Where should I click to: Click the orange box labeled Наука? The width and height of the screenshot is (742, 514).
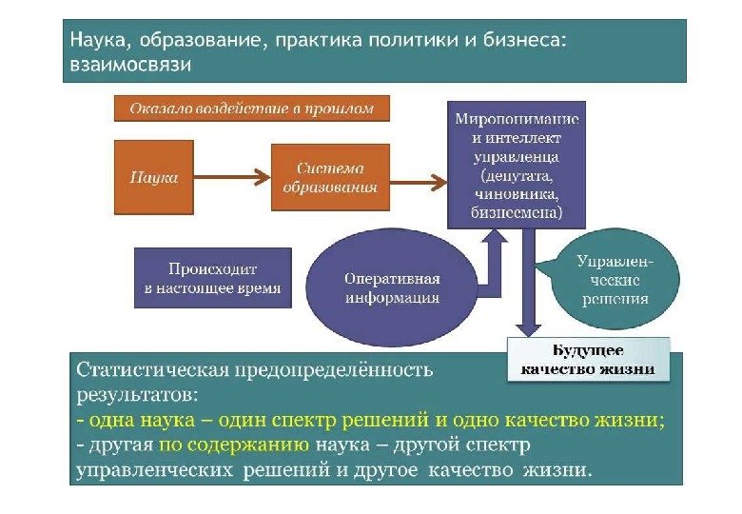pyautogui.click(x=153, y=177)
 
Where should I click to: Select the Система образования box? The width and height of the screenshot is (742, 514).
pyautogui.click(x=330, y=177)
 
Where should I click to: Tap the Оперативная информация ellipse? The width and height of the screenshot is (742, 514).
pyautogui.click(x=392, y=287)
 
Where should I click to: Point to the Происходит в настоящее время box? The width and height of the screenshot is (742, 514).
pyautogui.click(x=213, y=279)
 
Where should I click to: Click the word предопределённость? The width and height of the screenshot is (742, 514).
pyautogui.click(x=350, y=368)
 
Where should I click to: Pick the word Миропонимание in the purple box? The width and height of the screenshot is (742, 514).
pyautogui.click(x=517, y=121)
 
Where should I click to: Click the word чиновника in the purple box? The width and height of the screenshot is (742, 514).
pyautogui.click(x=517, y=195)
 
